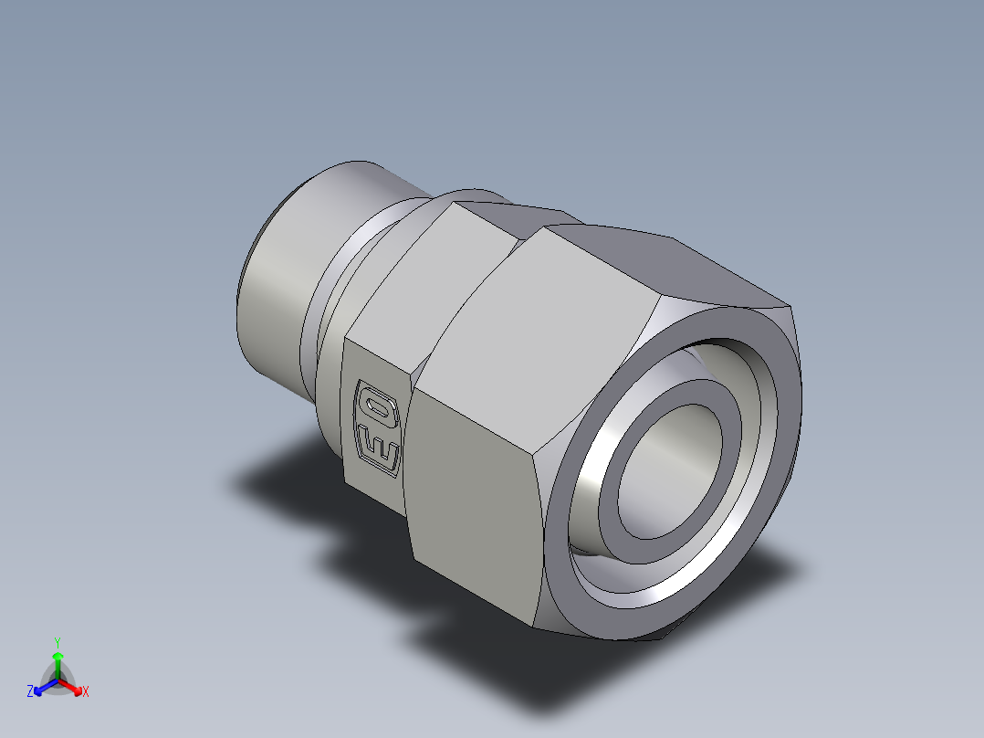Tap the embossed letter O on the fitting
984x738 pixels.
(x=375, y=403)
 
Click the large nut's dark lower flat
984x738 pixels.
(x=475, y=511)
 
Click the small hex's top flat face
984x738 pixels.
(x=475, y=215)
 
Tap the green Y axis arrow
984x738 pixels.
(x=58, y=659)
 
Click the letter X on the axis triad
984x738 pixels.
(x=86, y=692)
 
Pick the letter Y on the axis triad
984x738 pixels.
(x=58, y=641)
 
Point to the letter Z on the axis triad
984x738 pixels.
(x=30, y=692)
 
